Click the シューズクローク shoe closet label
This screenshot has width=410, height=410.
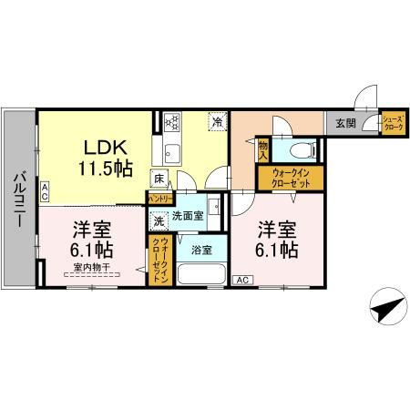(x=393, y=122)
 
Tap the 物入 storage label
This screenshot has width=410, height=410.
(x=263, y=149)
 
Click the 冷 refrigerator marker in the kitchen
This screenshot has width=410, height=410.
(x=217, y=120)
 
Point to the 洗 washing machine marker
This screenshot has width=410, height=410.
(x=159, y=220)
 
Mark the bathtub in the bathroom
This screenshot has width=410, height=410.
(x=199, y=273)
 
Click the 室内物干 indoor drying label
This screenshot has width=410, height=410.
(x=92, y=267)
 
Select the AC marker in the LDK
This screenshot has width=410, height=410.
(x=45, y=190)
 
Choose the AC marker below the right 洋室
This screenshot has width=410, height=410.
(x=243, y=281)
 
